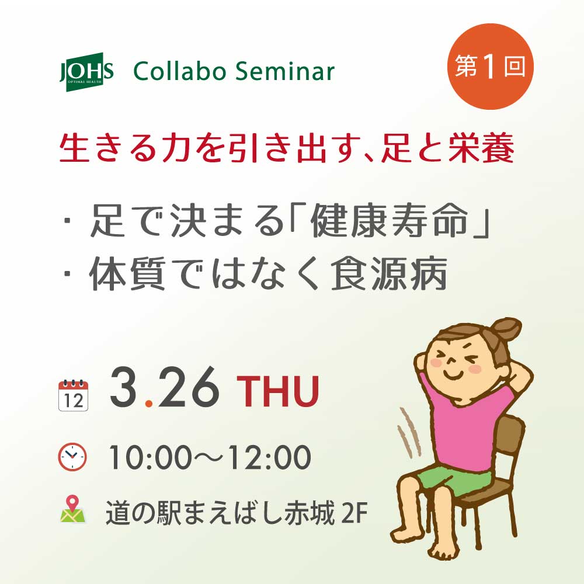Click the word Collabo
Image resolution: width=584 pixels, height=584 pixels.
pyautogui.click(x=180, y=71)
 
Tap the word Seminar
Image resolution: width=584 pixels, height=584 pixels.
pyautogui.click(x=285, y=71)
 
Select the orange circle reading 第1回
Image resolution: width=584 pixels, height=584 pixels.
pyautogui.click(x=490, y=67)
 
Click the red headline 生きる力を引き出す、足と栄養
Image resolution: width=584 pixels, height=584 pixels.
pyautogui.click(x=287, y=148)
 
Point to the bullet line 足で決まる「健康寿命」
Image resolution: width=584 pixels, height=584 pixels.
pyautogui.click(x=276, y=221)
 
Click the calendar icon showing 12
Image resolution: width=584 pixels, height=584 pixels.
pyautogui.click(x=74, y=395)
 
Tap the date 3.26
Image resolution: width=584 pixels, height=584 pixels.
pyautogui.click(x=164, y=387)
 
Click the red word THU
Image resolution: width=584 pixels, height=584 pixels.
pyautogui.click(x=277, y=391)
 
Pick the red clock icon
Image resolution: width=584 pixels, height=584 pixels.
pyautogui.click(x=72, y=457)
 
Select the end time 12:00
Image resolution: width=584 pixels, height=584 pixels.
pyautogui.click(x=269, y=457)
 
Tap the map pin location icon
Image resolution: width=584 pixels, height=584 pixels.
pyautogui.click(x=72, y=509)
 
